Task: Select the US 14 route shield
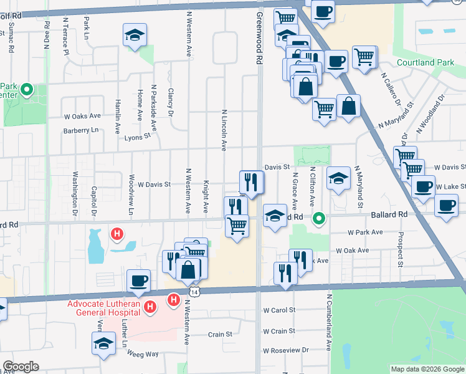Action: coord(195,291)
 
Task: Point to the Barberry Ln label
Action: coord(81,131)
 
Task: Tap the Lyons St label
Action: coord(138,137)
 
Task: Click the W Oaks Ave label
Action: coord(82,116)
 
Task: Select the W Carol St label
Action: coord(278,309)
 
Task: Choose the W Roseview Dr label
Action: coord(286,350)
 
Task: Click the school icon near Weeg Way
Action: coord(104,343)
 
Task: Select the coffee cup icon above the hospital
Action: coord(138,280)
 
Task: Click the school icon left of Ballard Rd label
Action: coord(273,216)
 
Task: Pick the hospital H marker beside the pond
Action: coord(116,234)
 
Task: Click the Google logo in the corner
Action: coord(21,367)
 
